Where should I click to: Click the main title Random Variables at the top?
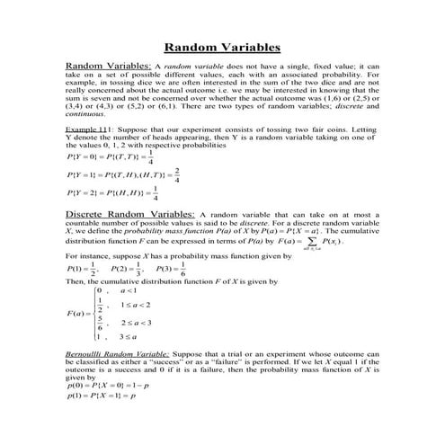tap(222, 48)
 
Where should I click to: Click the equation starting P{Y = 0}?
tap(111, 156)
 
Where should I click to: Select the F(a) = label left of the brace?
tap(77, 314)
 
